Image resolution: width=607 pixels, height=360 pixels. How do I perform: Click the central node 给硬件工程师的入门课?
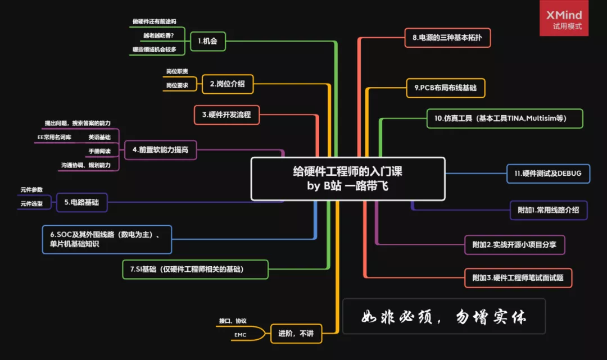click(x=347, y=179)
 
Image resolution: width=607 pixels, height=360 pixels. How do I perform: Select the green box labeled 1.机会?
click(x=207, y=41)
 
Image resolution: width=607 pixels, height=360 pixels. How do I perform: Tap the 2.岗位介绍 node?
click(x=227, y=84)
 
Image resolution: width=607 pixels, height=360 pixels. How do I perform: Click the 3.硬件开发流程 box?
click(x=227, y=115)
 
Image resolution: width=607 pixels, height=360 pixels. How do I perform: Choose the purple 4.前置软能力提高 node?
click(x=160, y=150)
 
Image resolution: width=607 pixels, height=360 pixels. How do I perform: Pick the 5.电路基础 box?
click(x=81, y=202)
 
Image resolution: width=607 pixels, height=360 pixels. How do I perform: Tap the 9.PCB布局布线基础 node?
click(x=445, y=88)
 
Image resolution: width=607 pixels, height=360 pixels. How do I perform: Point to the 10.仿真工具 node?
click(x=504, y=119)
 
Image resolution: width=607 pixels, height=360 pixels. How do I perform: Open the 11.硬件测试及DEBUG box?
click(x=547, y=174)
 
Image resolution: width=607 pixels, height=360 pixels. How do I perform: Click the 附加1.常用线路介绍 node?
click(x=548, y=210)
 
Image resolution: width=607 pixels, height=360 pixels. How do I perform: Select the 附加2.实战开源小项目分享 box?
click(x=514, y=245)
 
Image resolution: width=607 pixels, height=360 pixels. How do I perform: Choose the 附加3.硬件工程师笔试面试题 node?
click(x=518, y=277)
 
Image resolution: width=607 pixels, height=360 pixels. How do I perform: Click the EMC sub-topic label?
click(x=240, y=335)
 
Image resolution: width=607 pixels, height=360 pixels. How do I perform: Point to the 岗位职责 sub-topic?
click(x=177, y=72)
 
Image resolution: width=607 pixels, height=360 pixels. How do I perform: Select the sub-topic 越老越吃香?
click(x=158, y=35)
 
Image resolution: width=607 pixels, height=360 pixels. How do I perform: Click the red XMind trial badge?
click(x=564, y=19)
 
